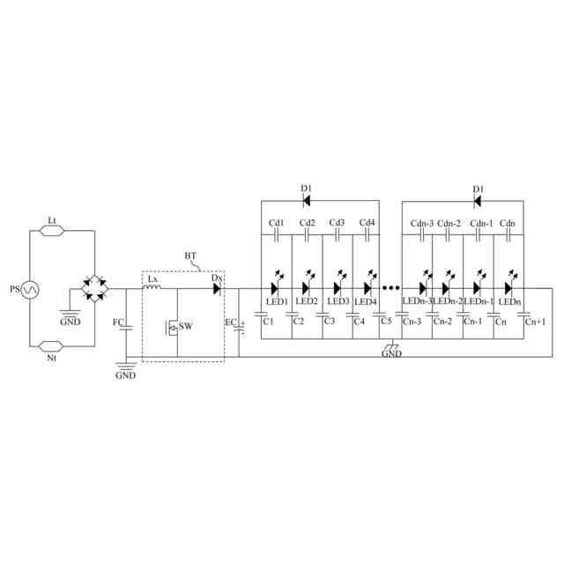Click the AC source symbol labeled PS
[28, 288]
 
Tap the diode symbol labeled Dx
[216, 287]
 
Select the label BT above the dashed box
[191, 256]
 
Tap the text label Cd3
[337, 222]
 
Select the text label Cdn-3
[422, 222]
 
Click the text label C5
[385, 321]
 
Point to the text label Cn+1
[535, 322]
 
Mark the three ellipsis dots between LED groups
[392, 287]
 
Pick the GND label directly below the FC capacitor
[126, 375]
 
